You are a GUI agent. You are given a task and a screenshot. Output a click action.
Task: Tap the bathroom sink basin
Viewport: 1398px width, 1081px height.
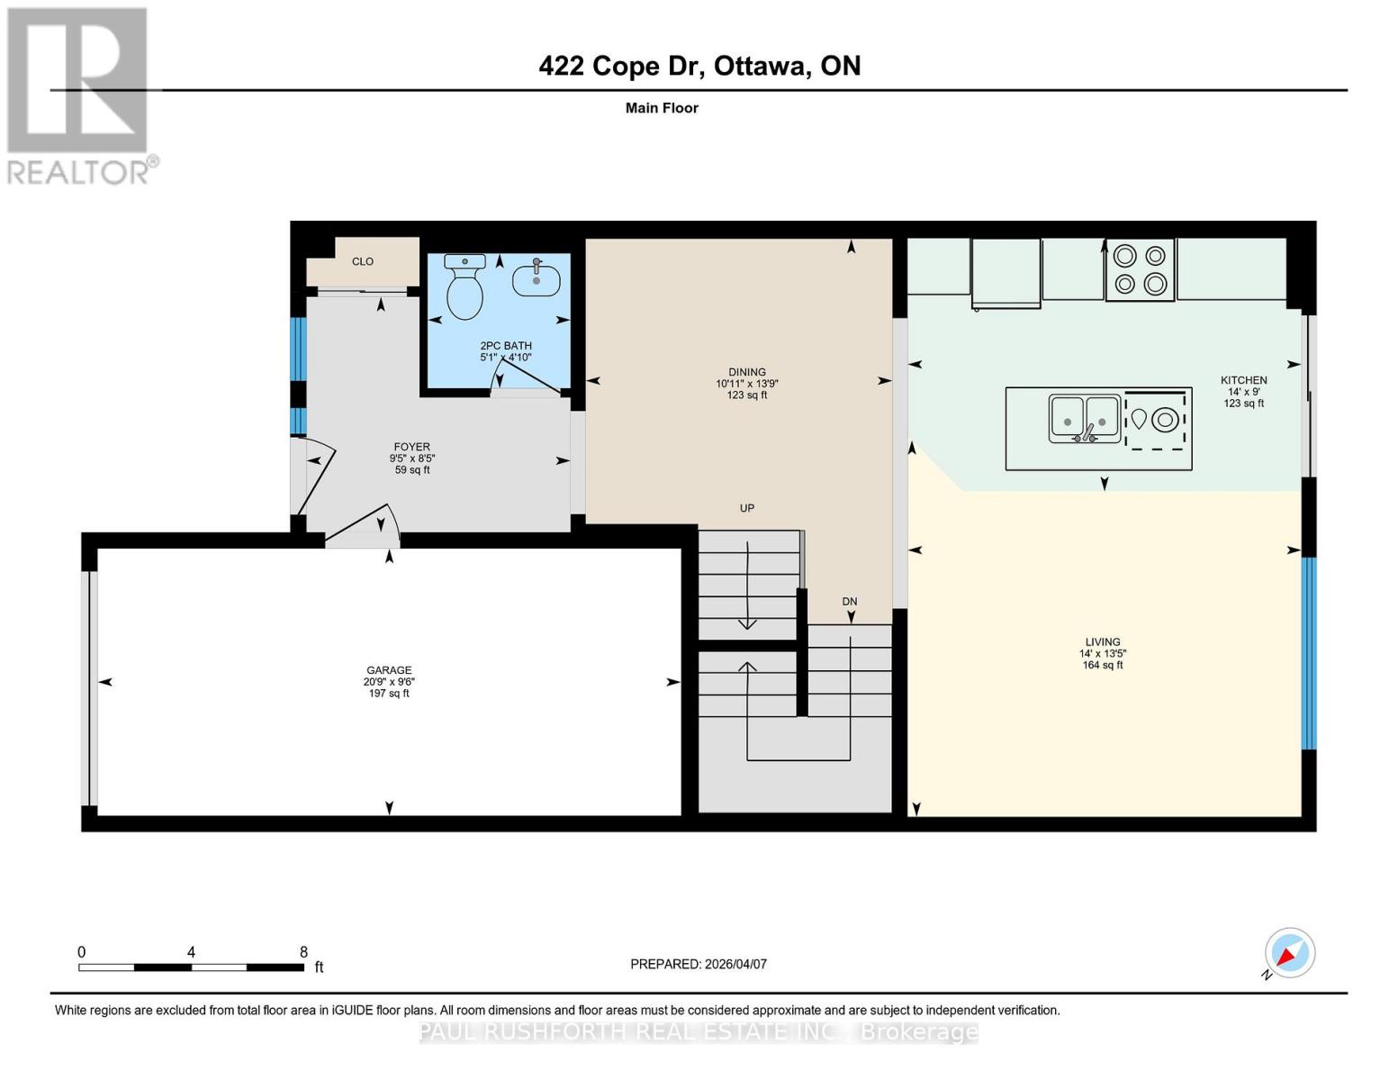(537, 279)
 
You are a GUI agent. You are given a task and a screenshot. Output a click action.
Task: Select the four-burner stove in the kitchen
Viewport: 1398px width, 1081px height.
(1140, 270)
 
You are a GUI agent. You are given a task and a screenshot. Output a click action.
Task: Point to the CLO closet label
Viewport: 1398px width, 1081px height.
(363, 261)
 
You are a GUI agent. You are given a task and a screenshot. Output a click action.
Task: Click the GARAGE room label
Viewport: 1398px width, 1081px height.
(389, 670)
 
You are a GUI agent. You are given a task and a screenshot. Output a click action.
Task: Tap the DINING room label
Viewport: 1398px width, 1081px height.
(747, 372)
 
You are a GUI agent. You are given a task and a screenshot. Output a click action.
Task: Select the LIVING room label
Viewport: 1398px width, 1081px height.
(1102, 642)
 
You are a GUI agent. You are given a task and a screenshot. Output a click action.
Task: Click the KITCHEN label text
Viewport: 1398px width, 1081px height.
(1243, 380)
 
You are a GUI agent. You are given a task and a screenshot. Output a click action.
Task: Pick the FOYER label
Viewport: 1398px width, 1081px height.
(411, 447)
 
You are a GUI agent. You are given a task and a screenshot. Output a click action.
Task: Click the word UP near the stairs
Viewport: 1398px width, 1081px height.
(746, 508)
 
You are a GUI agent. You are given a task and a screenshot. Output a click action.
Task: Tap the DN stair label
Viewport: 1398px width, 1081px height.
(849, 602)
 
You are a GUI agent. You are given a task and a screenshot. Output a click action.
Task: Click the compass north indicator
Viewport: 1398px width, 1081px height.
(1289, 953)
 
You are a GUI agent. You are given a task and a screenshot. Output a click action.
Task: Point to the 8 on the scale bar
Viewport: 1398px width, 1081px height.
(303, 952)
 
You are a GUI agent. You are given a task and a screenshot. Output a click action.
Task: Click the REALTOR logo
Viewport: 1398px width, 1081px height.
(78, 95)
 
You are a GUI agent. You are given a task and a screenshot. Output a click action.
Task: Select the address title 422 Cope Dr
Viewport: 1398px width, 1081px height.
(699, 66)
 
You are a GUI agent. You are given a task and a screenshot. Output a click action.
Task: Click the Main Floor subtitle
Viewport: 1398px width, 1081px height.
(662, 108)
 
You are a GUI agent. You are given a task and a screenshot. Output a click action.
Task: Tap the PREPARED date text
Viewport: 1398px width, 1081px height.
(699, 964)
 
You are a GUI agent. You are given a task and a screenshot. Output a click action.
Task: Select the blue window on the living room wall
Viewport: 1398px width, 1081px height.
(1309, 653)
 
